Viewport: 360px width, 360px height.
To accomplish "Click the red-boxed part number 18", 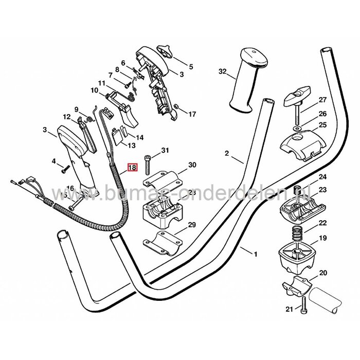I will (x=132, y=167).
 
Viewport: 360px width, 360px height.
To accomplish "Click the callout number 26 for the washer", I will (x=322, y=114).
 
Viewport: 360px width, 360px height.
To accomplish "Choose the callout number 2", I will (x=227, y=153).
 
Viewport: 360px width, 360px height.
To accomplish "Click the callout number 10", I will (x=94, y=91).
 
